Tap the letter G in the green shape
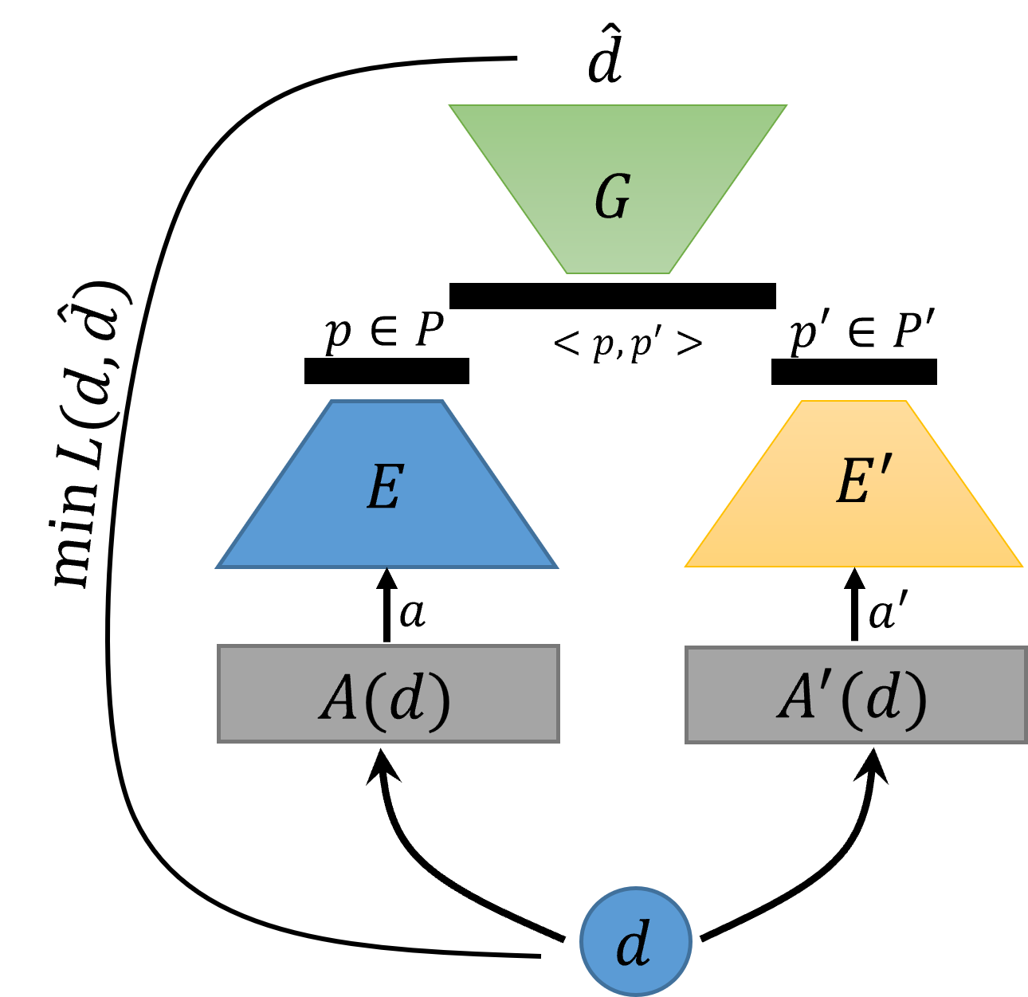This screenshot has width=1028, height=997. (x=613, y=197)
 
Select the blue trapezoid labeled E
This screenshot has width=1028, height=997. (x=387, y=526)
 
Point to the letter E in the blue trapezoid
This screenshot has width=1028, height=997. (x=384, y=487)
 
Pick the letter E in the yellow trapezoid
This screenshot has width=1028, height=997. (x=853, y=482)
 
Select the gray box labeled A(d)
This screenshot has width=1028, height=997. (x=388, y=693)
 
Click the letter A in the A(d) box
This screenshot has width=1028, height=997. (x=337, y=700)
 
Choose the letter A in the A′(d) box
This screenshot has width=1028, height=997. (x=795, y=698)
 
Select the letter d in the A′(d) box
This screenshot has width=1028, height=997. (x=883, y=698)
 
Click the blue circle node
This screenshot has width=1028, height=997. (x=635, y=941)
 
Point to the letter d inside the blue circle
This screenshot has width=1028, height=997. (x=634, y=944)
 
